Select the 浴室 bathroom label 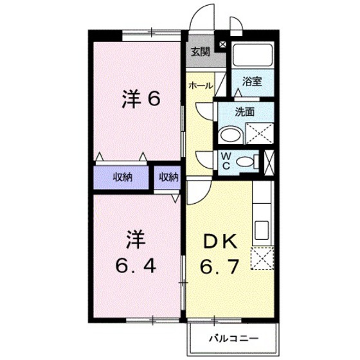[x=251, y=81]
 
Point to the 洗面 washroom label [x=246, y=111]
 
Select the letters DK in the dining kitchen [x=220, y=242]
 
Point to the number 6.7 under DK [x=220, y=265]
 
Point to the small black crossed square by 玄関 [x=222, y=44]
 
